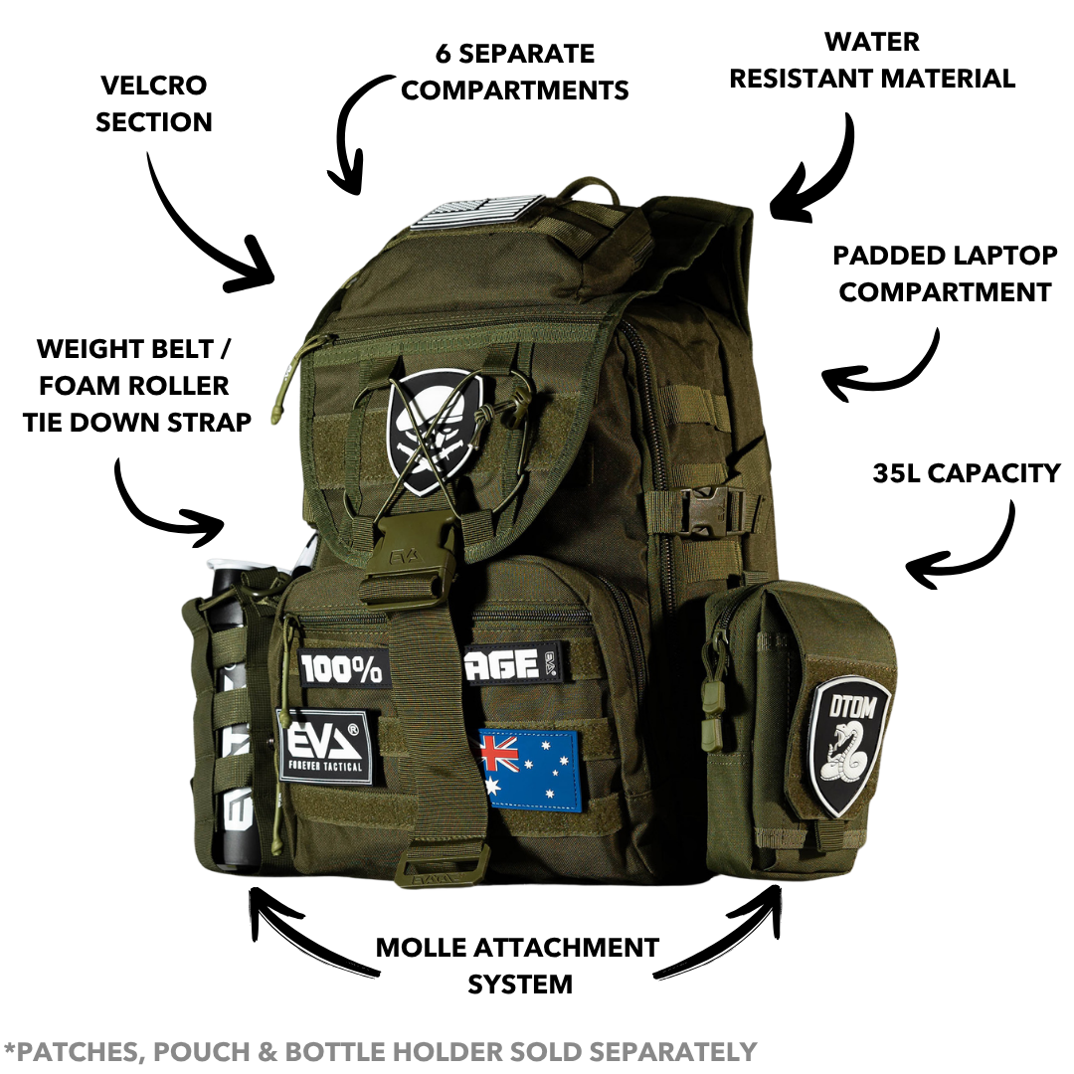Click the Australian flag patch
(530, 771)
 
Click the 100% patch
(341, 668)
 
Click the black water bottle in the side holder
(232, 712)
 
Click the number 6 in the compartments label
(444, 54)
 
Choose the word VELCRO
(153, 86)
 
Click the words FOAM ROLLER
(134, 386)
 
